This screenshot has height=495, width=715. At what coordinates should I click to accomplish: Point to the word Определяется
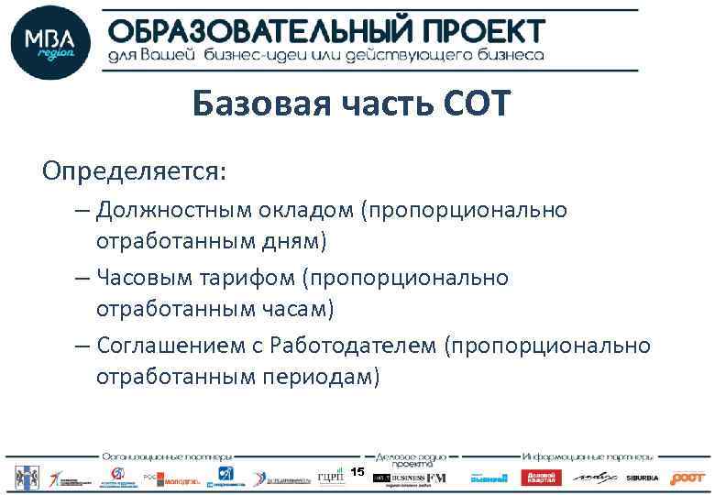click(134, 171)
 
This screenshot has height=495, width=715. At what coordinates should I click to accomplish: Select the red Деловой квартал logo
click(540, 478)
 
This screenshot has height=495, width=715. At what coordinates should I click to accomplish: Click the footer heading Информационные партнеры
click(588, 456)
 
